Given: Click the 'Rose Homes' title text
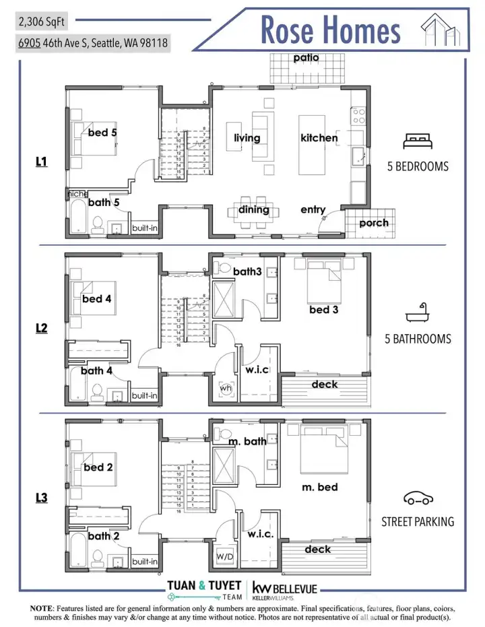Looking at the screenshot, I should [x=330, y=30].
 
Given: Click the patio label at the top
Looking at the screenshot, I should [x=306, y=58].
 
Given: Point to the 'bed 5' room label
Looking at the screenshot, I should [x=102, y=133].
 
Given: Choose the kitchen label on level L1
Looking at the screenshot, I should [x=319, y=138].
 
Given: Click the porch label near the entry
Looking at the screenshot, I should [x=374, y=223].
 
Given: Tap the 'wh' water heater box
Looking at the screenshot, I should [x=225, y=389].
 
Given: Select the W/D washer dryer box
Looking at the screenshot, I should [x=225, y=557].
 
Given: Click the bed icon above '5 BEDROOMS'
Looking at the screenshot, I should [x=418, y=141].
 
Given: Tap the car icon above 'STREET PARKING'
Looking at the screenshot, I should [x=418, y=498].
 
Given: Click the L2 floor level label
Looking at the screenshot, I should [x=42, y=328].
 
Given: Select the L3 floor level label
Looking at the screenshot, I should [x=42, y=498].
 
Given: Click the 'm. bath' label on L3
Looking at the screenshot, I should [x=247, y=441].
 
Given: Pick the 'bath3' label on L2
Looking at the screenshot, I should [x=247, y=272].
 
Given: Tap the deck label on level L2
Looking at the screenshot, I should [x=325, y=385].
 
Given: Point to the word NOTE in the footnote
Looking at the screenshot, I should [x=44, y=608].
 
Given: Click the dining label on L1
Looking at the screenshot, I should [x=254, y=210].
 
